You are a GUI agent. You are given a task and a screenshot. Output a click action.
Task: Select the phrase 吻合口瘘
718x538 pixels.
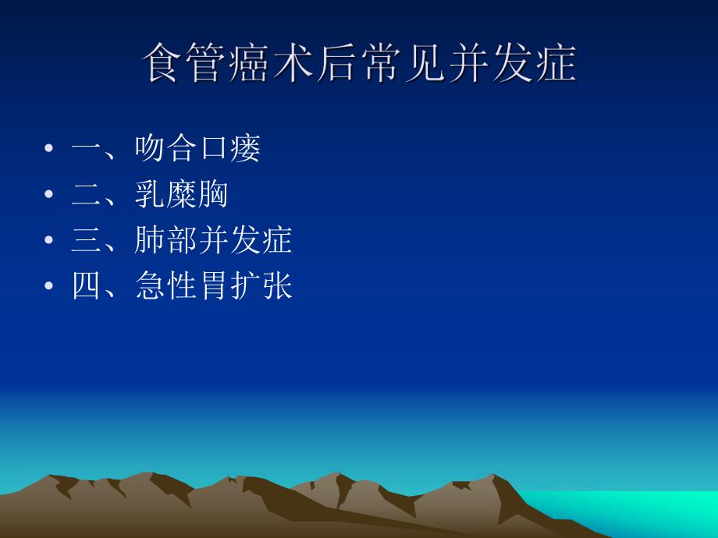(197, 148)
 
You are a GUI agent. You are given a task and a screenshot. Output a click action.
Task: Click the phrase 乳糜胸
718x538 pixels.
(181, 194)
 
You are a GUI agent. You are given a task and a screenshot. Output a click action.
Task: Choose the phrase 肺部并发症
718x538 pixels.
(213, 240)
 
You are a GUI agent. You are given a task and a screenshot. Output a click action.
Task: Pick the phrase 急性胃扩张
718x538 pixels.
(213, 286)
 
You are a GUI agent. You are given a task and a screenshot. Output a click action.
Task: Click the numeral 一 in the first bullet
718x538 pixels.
(87, 148)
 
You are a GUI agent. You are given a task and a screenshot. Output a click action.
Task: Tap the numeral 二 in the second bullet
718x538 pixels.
(87, 194)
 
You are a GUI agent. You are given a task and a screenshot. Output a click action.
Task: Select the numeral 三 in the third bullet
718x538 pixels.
(87, 240)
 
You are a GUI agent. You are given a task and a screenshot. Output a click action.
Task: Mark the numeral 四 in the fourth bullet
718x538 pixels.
(87, 286)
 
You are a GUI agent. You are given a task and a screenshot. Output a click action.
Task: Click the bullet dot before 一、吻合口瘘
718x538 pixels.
(50, 149)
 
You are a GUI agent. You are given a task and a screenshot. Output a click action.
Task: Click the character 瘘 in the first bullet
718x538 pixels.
(245, 148)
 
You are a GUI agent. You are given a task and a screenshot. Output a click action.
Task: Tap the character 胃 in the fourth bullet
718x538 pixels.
(213, 286)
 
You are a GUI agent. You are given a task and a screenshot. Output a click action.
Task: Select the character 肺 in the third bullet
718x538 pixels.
(150, 240)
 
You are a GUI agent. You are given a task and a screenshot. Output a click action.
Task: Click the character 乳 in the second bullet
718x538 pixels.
(150, 194)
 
